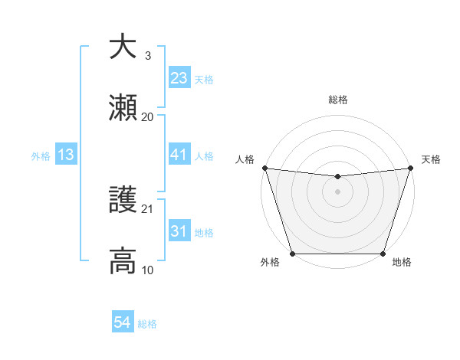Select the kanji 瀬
[x=123, y=110]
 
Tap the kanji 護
[x=123, y=200]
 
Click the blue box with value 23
[x=179, y=78]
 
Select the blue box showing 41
[x=179, y=155]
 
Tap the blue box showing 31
[x=179, y=231]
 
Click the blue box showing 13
[x=66, y=155]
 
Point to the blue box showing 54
[x=123, y=323]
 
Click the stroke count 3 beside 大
[x=148, y=55]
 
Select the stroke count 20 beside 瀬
[x=148, y=117]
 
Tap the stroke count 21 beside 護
[x=148, y=208]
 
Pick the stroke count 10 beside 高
[x=148, y=270]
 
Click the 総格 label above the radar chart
[x=337, y=100]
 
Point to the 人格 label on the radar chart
[x=245, y=159]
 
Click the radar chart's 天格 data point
[x=410, y=168]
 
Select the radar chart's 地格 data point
[x=383, y=254]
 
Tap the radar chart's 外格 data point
[x=292, y=254]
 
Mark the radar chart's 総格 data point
[x=337, y=177]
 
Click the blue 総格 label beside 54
[x=147, y=324]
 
